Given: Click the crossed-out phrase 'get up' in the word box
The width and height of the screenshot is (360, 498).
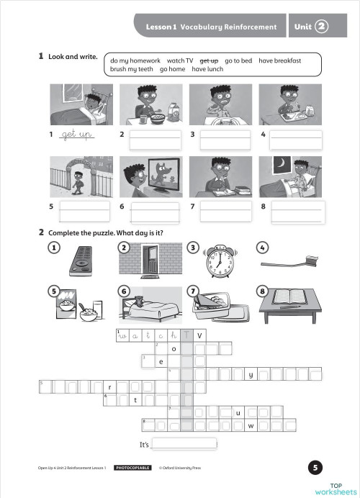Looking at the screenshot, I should (209, 61).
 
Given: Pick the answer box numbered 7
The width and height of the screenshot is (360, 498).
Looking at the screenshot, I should (225, 211).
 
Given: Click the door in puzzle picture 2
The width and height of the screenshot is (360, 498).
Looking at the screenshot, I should (150, 260).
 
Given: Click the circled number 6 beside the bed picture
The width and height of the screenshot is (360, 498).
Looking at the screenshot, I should (124, 291).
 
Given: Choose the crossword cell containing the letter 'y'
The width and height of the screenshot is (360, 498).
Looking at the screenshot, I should (250, 374).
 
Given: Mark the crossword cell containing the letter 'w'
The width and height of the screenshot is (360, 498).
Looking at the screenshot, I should (250, 425).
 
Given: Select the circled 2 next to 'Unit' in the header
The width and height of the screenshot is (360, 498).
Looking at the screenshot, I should (321, 27).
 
